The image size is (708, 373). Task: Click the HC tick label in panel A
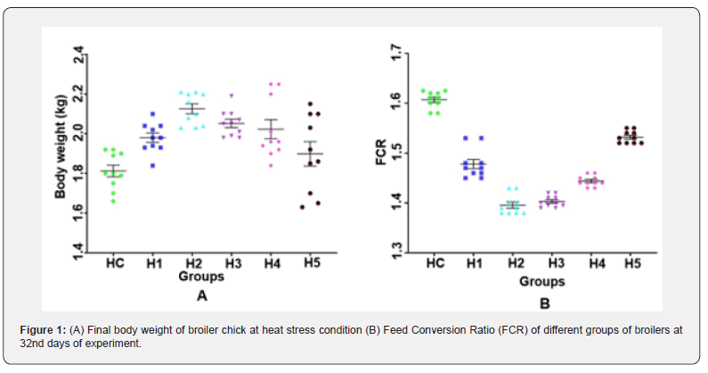[x=114, y=264]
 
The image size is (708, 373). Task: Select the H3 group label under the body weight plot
[x=232, y=264]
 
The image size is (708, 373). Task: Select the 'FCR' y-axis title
[x=380, y=153]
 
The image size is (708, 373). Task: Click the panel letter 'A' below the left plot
[x=202, y=295]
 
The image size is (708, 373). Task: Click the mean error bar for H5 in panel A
[x=310, y=153]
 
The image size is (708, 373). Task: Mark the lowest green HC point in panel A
[x=113, y=202]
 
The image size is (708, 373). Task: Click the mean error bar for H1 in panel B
[x=474, y=163]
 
